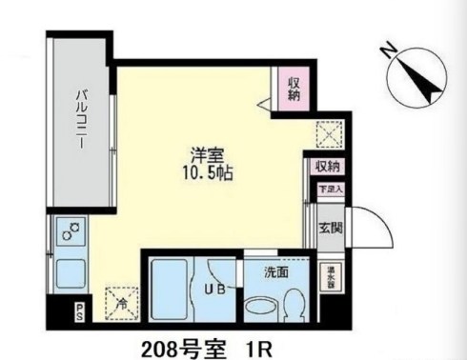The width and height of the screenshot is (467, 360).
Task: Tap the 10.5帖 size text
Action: (x=205, y=174)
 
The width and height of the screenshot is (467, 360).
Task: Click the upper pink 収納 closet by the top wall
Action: (x=294, y=88)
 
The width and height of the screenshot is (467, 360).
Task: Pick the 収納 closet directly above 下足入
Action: (x=328, y=167)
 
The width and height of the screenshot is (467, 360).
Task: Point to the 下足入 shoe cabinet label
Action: (x=328, y=189)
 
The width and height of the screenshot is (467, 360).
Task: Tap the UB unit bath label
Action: (x=213, y=290)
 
